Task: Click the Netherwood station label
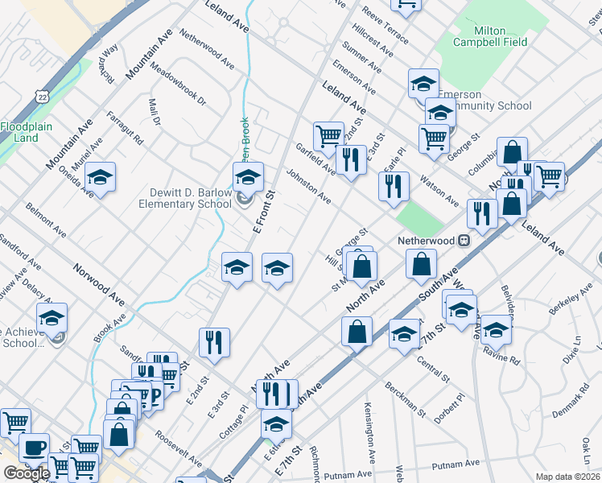click(427, 241)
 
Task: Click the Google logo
click(26, 473)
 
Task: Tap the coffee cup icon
click(34, 448)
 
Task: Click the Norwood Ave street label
click(99, 275)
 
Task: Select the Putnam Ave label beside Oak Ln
click(456, 464)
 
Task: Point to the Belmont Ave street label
click(45, 218)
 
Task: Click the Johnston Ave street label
click(309, 185)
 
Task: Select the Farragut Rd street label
click(125, 128)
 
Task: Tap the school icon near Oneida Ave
click(100, 177)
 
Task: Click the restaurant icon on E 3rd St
click(214, 341)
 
